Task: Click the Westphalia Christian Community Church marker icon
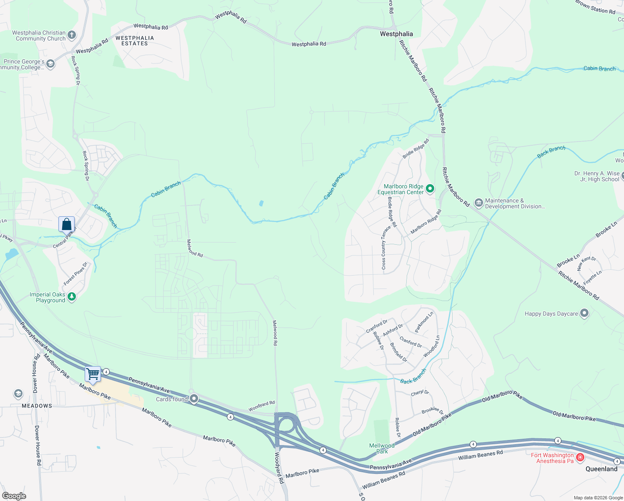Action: [72, 35]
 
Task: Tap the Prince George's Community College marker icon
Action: [50, 64]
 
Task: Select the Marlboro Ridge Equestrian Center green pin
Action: [430, 189]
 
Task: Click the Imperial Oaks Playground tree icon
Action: [72, 297]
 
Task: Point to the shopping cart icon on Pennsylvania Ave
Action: [93, 374]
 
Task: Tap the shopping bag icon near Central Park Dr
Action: [66, 224]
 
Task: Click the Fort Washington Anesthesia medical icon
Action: [580, 458]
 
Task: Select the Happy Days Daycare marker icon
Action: [584, 313]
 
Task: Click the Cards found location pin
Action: [194, 399]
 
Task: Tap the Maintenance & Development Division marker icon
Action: [478, 203]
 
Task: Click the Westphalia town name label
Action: [396, 34]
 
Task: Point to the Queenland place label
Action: [601, 469]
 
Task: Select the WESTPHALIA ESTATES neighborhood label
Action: [135, 40]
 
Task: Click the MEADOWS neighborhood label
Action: [37, 406]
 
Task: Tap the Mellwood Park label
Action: [382, 448]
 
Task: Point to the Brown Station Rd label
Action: [595, 7]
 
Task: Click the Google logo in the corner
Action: [14, 496]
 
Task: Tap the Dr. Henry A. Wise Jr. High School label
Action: [596, 176]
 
